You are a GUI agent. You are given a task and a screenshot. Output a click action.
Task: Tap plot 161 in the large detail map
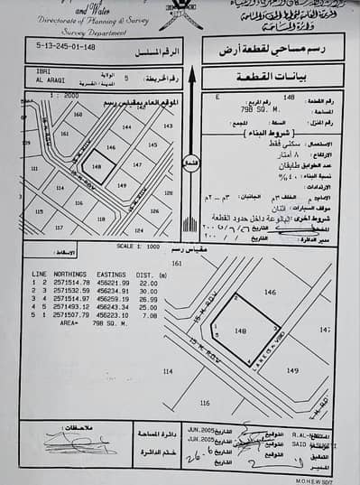click(176, 262)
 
